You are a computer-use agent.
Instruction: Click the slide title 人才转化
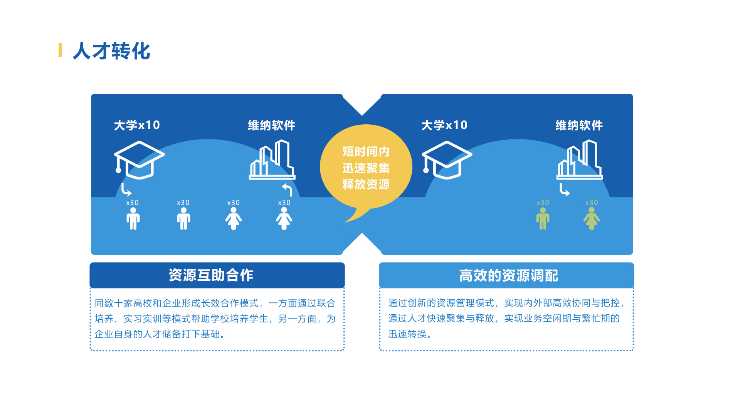111,51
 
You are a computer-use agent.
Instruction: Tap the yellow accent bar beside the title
60,50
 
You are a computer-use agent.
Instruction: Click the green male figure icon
543,219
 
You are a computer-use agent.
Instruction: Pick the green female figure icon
592,219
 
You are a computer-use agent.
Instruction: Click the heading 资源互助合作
211,275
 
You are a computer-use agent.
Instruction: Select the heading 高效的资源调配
509,276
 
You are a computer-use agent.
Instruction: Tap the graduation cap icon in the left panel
139,160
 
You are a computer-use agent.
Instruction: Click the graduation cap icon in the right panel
447,160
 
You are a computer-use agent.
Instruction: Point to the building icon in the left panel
272,160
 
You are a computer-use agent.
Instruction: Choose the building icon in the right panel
580,160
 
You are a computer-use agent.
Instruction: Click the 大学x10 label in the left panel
137,125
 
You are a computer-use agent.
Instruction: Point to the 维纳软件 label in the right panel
579,125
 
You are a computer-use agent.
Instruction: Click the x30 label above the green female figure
592,203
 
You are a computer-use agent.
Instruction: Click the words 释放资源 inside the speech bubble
366,184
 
